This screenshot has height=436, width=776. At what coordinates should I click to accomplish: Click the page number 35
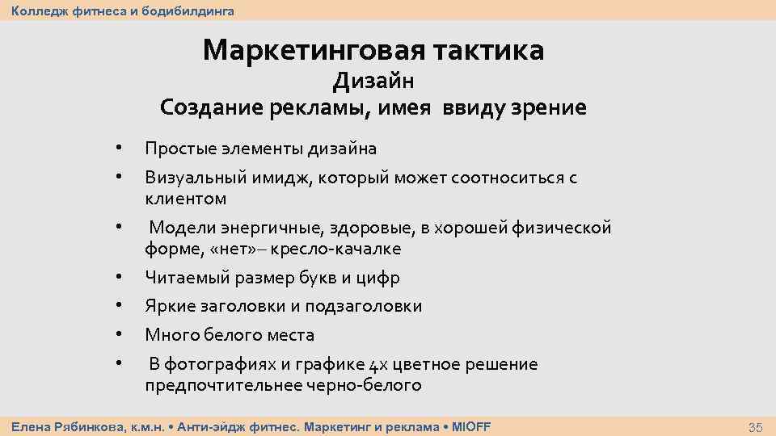755,426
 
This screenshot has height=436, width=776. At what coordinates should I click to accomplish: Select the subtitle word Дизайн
373,81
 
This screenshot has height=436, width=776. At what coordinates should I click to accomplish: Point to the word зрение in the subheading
546,107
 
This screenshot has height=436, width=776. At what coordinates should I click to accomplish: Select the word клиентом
185,199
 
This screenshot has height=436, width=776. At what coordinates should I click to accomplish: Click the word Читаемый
188,278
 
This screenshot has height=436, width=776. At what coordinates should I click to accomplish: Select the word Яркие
169,306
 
